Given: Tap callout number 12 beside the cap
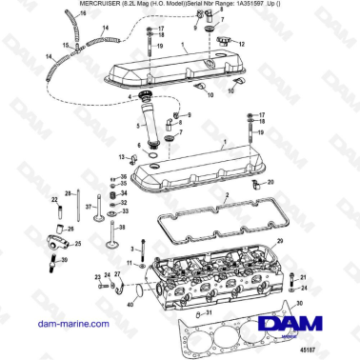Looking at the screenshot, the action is pos(242,44).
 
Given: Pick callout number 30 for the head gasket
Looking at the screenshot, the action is pos(298,304).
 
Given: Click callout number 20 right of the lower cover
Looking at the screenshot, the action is pos(270,181).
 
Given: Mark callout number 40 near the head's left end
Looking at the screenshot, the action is pos(130,304).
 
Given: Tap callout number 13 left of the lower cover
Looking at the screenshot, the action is pos(122,156).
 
